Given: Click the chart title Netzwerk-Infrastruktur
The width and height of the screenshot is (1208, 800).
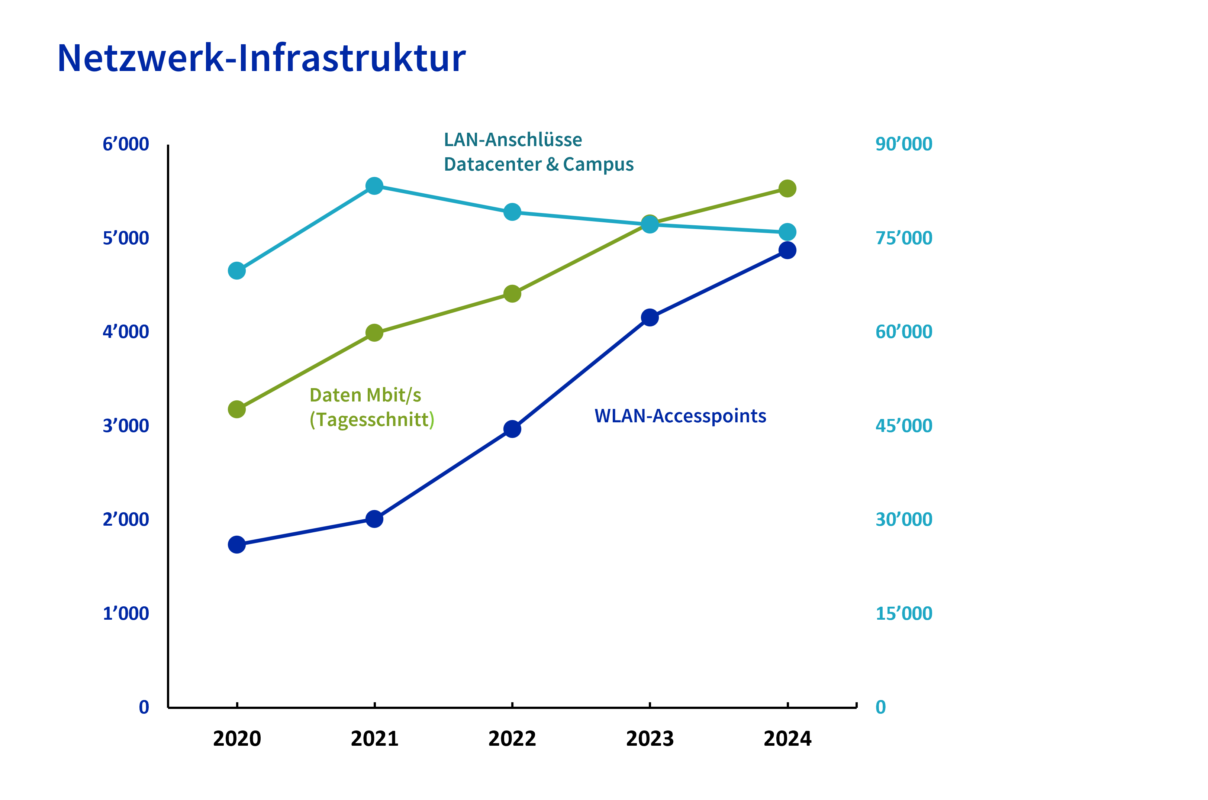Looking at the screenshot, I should pos(261,58).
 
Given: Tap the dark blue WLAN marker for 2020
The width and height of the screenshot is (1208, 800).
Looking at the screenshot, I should pos(237,544).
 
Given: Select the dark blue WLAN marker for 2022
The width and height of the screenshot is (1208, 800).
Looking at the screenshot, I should pos(512,429).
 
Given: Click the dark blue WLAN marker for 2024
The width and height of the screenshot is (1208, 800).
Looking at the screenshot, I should pos(787,250).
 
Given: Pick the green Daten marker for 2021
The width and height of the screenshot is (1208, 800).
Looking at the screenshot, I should pos(374,333).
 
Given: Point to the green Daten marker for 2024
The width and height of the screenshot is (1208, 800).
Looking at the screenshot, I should pos(787,188).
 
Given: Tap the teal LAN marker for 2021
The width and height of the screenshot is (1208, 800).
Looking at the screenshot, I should pos(374,186).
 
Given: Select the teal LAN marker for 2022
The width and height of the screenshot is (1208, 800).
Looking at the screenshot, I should pos(512,212).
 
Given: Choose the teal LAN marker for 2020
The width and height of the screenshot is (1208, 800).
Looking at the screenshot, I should pos(237,270).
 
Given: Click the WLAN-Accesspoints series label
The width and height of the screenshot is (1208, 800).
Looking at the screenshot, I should pos(680,416).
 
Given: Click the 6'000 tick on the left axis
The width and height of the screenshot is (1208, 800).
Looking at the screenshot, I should pos(126,144).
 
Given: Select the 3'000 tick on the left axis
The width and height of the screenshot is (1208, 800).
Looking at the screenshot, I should pos(126,426).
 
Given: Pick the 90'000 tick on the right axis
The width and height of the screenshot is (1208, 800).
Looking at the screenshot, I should pos(903,144).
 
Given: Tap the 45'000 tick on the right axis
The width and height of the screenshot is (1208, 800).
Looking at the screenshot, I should pos(903,426).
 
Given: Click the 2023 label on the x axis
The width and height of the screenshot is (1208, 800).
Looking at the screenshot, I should pos(650,738).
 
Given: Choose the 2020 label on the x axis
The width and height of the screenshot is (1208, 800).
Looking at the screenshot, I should pos(237,738).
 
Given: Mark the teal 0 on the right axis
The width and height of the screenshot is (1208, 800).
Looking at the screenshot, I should pos(880,707).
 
